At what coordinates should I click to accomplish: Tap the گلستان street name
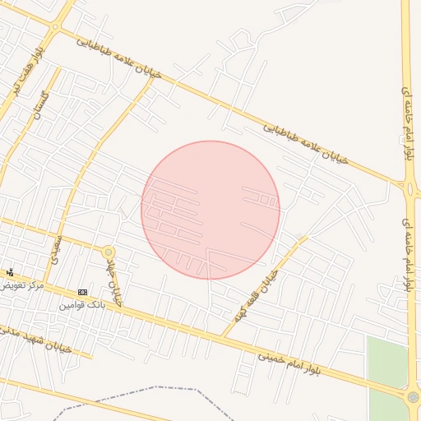point(39,105)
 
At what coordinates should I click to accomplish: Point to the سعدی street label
point(54,248)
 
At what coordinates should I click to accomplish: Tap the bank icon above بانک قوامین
point(82,292)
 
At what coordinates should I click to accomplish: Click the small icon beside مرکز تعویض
point(10,272)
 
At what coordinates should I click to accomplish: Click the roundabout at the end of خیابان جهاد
point(108,252)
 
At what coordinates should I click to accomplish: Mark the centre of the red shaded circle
point(210,210)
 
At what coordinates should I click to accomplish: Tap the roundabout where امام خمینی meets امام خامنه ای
point(413,397)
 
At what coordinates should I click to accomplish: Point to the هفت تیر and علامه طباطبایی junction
point(55,28)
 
